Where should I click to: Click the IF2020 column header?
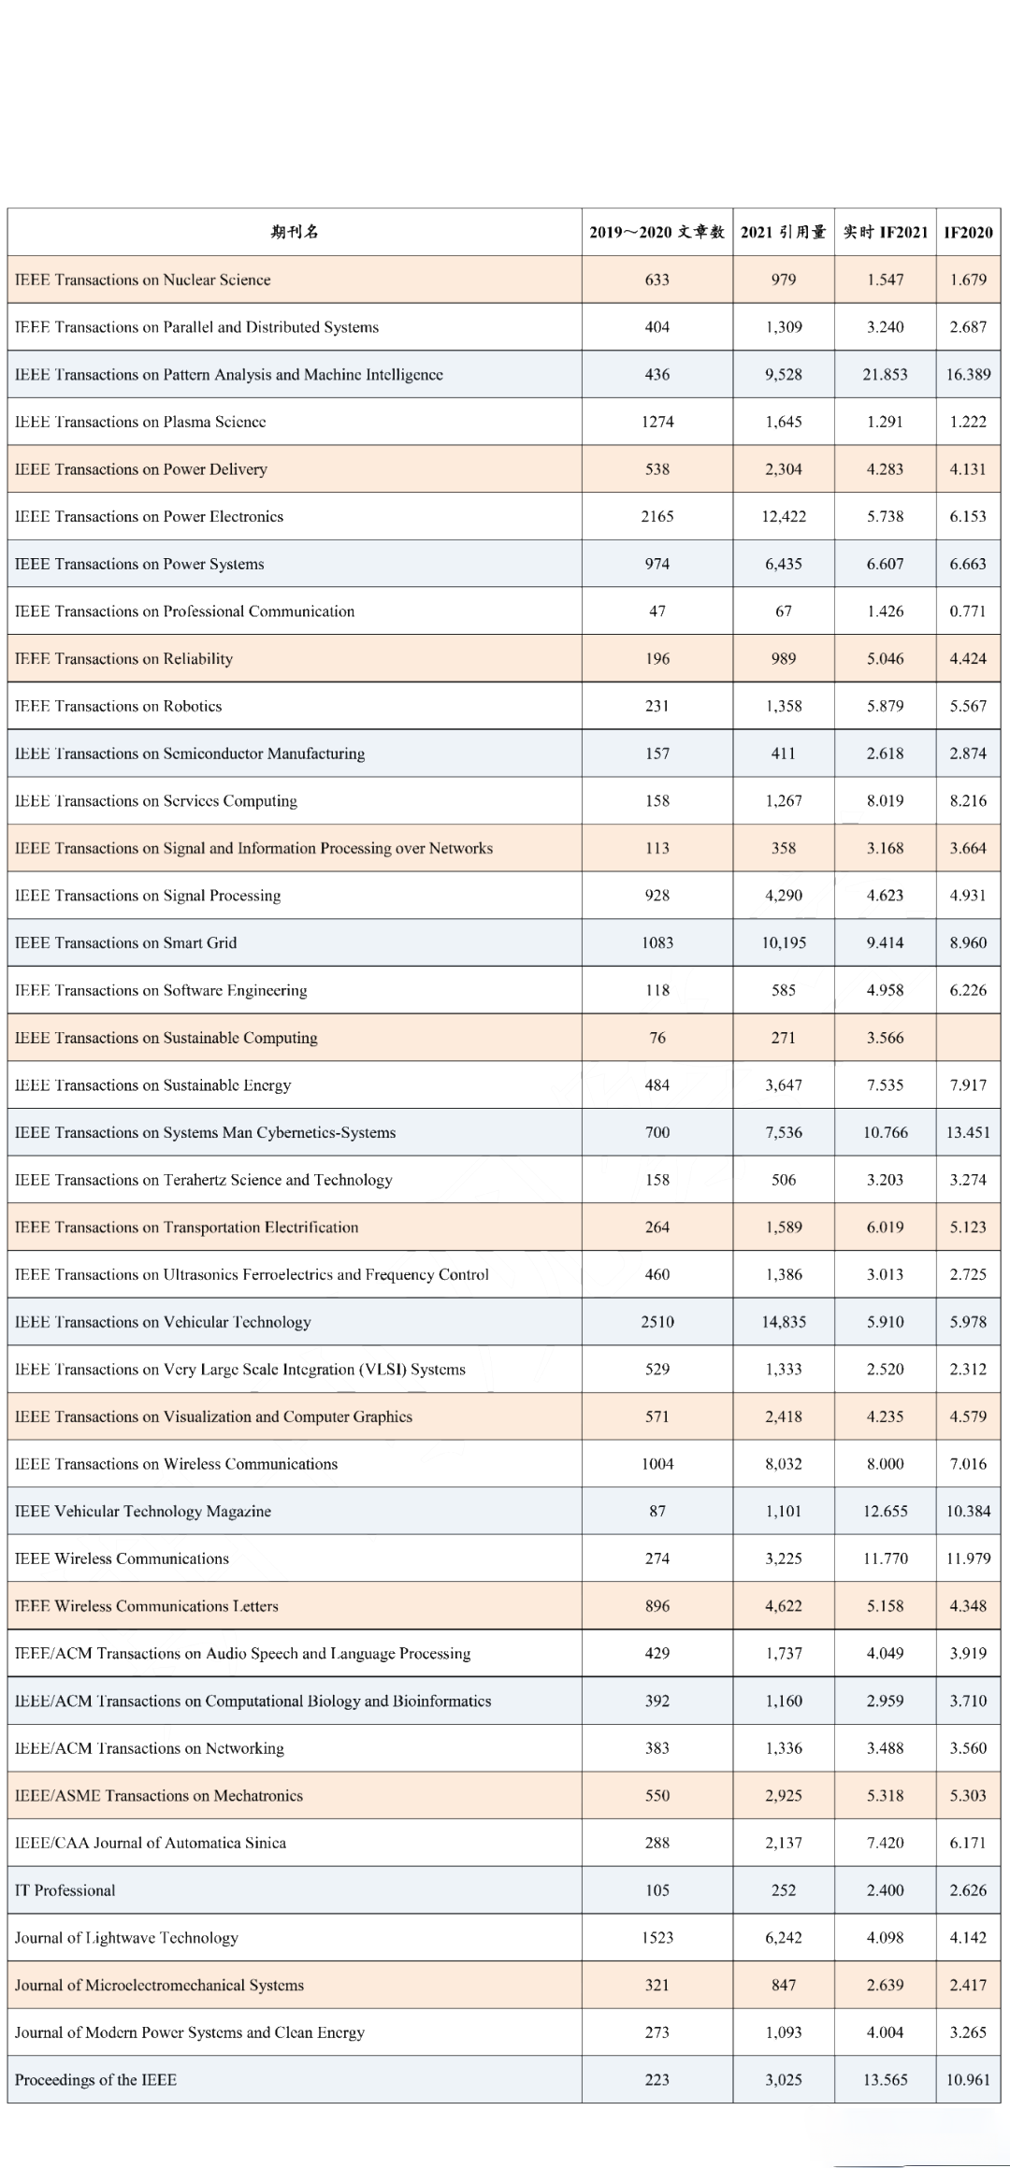[x=968, y=232]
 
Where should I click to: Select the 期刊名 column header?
[x=295, y=232]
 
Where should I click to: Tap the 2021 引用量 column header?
[x=783, y=232]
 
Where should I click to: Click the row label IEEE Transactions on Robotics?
[x=118, y=706]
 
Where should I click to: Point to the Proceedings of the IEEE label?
[x=95, y=2079]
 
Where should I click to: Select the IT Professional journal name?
[x=65, y=1889]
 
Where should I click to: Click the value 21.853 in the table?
[x=885, y=374]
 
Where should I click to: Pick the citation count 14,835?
[x=783, y=1321]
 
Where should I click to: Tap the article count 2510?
[x=657, y=1321]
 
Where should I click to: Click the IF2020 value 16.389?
[x=968, y=374]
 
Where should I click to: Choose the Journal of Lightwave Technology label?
[x=126, y=1937]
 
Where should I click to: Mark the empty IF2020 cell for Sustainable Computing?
[x=968, y=1038]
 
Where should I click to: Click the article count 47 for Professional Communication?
[x=657, y=610]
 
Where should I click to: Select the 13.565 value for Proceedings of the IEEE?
[x=885, y=2079]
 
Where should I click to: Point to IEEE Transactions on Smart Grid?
[x=125, y=942]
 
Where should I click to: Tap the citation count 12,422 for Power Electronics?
[x=783, y=516]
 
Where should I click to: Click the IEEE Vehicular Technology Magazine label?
[x=142, y=1511]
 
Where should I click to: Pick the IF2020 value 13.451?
[x=968, y=1132]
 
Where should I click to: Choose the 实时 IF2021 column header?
[x=885, y=232]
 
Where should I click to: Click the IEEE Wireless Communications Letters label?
[x=146, y=1605]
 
